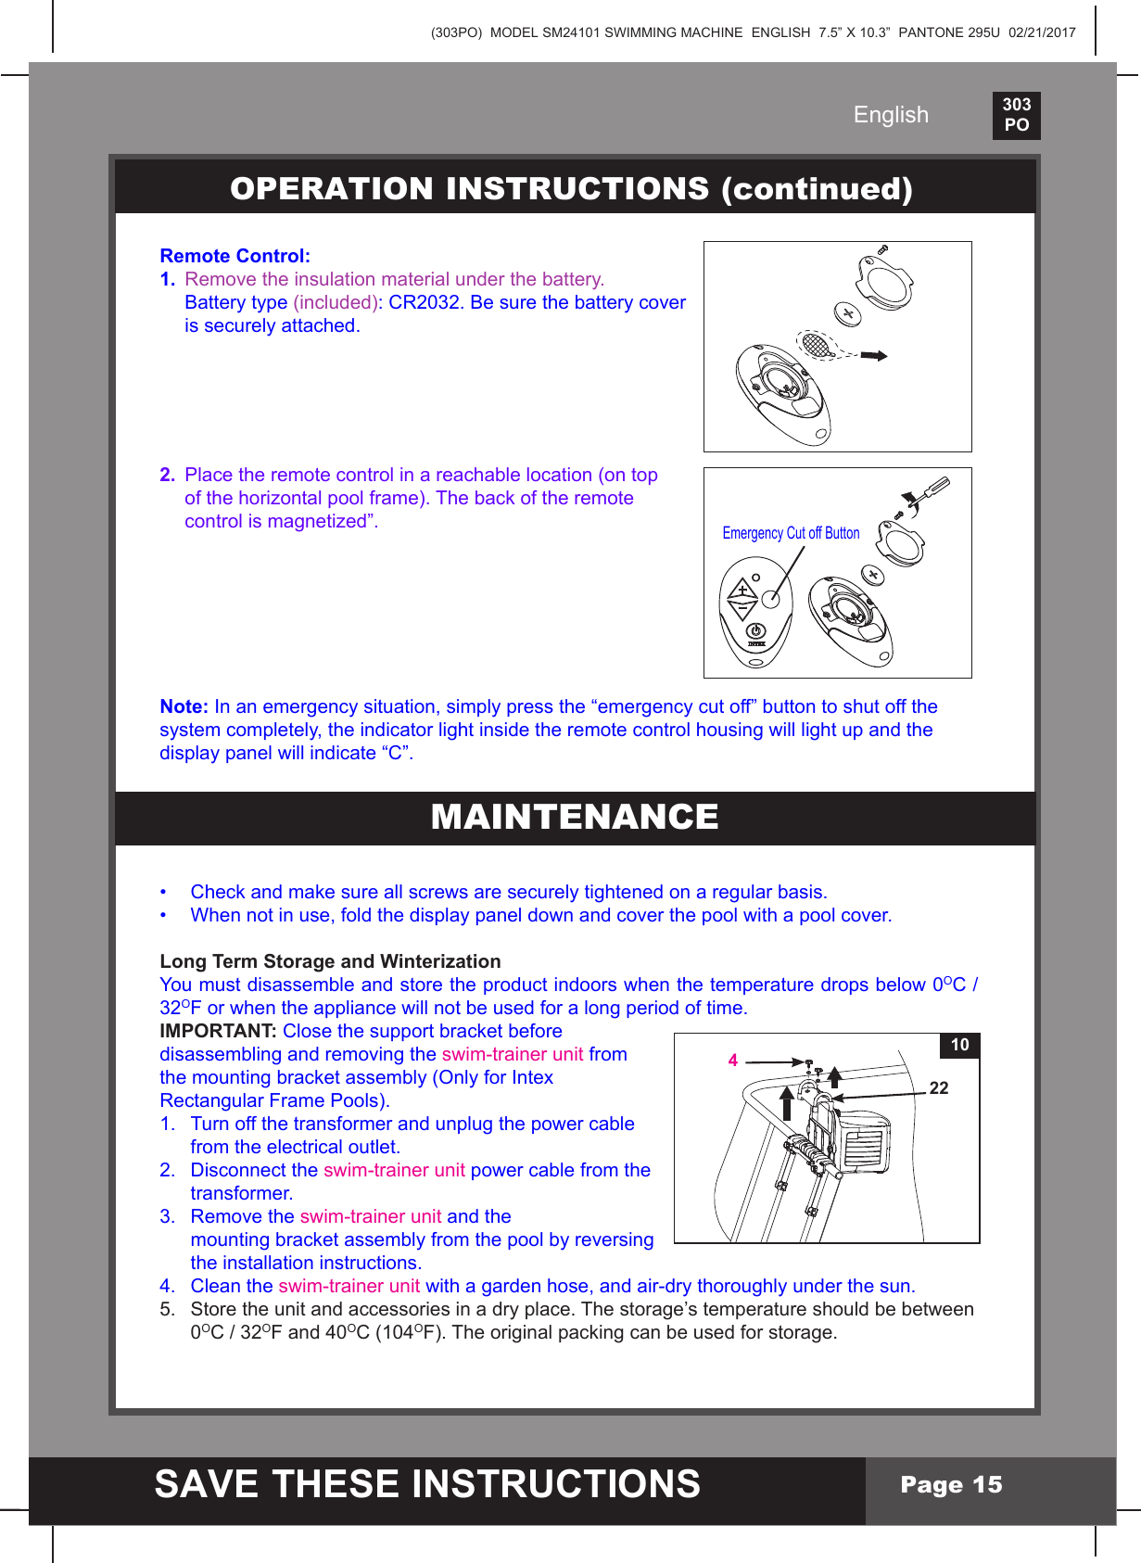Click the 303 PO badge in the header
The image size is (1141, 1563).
[1016, 115]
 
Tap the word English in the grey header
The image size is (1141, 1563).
[890, 115]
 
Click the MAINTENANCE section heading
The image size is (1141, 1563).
[575, 817]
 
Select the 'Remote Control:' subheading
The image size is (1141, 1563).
[235, 256]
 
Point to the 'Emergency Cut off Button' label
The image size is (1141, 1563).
[791, 533]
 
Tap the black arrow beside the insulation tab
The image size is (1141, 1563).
[873, 355]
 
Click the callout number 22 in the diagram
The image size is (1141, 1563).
[938, 1088]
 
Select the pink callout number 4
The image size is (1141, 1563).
[732, 1061]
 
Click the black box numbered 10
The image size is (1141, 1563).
[959, 1045]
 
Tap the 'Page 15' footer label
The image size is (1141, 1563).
[951, 1485]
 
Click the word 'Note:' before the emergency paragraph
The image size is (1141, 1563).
[184, 706]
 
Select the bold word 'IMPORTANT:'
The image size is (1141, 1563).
[218, 1031]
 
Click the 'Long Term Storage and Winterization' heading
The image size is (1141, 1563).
[330, 961]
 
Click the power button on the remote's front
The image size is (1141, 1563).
[756, 630]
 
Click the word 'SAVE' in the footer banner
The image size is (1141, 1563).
[206, 1484]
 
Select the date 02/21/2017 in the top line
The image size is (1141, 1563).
[1042, 32]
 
